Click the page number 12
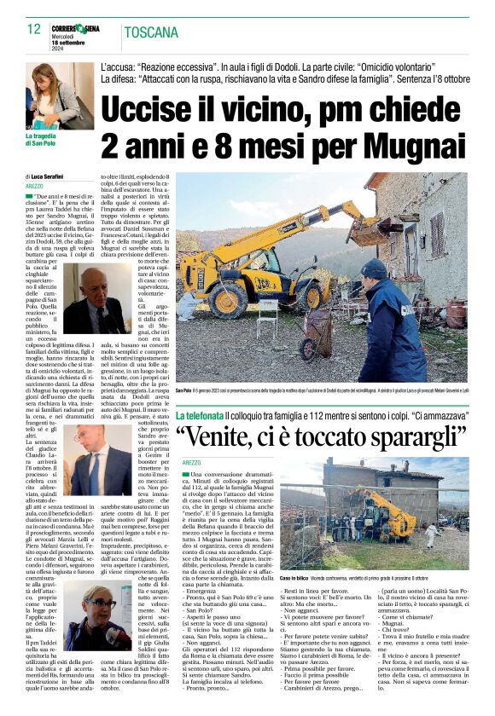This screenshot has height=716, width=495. [x=34, y=29]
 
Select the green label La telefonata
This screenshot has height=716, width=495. [x=200, y=414]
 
